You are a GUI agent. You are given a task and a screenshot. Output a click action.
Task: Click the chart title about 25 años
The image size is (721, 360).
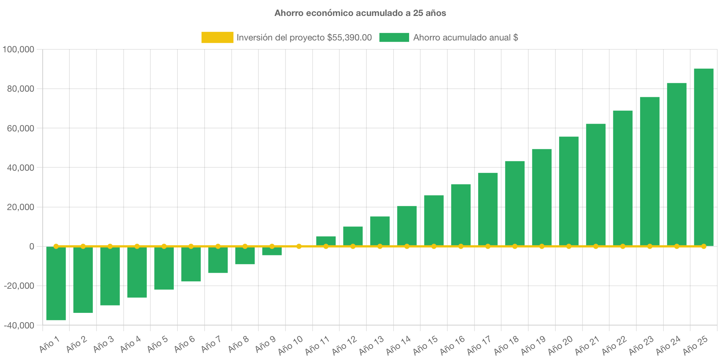[x=360, y=13]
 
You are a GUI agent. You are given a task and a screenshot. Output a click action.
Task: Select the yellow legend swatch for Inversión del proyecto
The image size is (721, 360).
[x=217, y=37]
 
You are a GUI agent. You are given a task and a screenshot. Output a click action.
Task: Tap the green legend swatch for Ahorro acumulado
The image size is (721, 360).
[x=394, y=37]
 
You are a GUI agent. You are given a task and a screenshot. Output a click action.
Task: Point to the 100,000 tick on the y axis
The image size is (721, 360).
[x=18, y=49]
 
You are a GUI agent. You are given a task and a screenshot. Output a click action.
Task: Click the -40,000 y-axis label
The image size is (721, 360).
[x=19, y=325]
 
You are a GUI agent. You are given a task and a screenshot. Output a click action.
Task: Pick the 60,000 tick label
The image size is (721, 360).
[x=20, y=128]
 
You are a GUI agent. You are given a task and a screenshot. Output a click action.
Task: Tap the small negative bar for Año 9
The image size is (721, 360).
[x=272, y=251]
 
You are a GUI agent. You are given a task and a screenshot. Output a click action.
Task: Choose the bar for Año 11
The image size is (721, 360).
[x=326, y=240]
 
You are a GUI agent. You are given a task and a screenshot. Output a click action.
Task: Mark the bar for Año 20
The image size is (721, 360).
[x=569, y=191]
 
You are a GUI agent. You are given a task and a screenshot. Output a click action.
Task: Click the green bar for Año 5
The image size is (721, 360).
[x=164, y=268]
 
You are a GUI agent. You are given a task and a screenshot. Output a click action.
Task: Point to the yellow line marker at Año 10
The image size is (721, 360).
[x=299, y=246]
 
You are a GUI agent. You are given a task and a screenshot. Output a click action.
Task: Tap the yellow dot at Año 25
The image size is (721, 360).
[x=704, y=246]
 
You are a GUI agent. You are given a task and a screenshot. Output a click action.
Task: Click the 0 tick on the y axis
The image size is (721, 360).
[x=32, y=246]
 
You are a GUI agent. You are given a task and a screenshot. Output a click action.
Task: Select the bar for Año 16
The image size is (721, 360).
[x=461, y=215]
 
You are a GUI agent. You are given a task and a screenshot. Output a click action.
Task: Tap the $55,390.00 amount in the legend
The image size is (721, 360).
[x=349, y=37]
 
